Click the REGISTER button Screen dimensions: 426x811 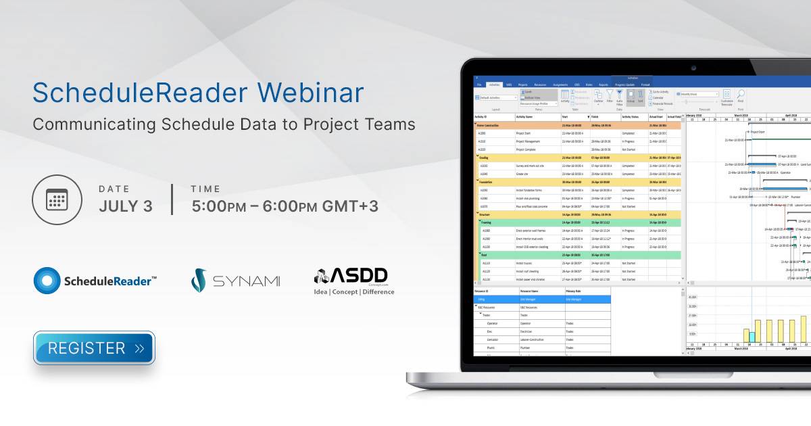click(x=94, y=348)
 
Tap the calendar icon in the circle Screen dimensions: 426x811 click(x=57, y=200)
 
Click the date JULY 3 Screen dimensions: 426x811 click(x=126, y=206)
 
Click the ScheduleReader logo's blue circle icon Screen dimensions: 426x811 click(x=48, y=281)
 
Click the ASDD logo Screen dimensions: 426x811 click(x=353, y=281)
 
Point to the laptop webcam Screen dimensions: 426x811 click(x=693, y=68)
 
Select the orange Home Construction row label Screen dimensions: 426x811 click(x=491, y=126)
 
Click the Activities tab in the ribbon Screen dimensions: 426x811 click(x=495, y=85)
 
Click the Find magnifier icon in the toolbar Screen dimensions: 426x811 click(x=741, y=95)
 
